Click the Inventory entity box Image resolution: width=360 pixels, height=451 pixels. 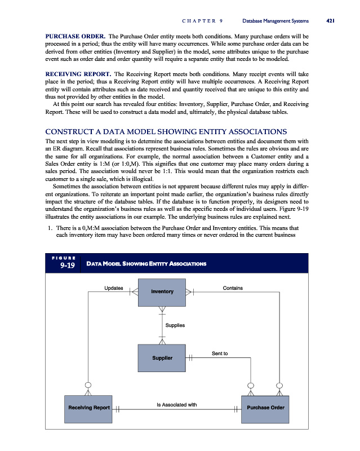pos(162,291)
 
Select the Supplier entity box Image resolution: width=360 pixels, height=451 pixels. pos(162,358)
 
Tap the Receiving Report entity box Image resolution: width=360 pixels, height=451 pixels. pos(88,407)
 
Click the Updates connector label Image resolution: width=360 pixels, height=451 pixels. pos(114,288)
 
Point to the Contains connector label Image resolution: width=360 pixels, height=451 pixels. pos(233,288)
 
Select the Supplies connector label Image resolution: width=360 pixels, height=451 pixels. pos(175,325)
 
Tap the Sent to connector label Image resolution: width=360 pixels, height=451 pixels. pos(220,353)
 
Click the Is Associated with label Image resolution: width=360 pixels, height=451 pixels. pos(176,404)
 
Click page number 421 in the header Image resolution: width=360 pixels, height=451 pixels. pos(331,21)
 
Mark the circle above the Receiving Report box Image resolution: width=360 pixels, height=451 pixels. pos(88,386)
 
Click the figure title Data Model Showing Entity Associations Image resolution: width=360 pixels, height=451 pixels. pos(146,264)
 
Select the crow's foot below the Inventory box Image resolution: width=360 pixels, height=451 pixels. pos(162,309)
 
